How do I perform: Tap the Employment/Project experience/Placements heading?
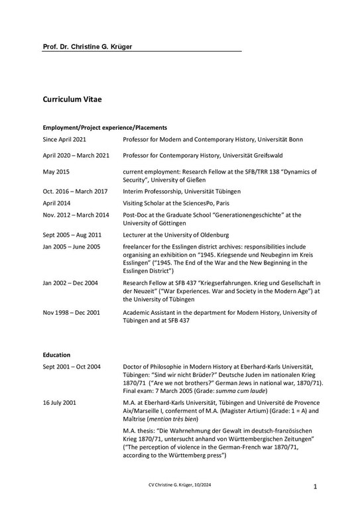[x=104, y=127]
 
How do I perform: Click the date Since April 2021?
[x=64, y=140]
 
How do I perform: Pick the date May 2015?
[x=57, y=171]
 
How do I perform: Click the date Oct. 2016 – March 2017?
[x=75, y=191]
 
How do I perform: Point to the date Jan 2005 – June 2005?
[x=72, y=247]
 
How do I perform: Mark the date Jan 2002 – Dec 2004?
[x=70, y=282]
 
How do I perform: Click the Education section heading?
[x=56, y=355]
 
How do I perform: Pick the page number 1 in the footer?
[x=316, y=486]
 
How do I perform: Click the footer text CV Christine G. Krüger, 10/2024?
[x=180, y=486]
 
